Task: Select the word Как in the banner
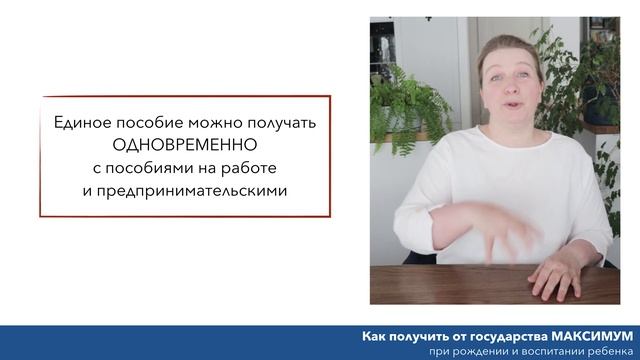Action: click(x=375, y=335)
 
